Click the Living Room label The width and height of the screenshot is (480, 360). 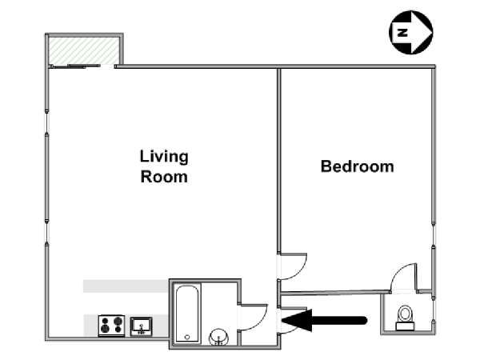(x=164, y=166)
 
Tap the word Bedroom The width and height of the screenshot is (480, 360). (x=358, y=166)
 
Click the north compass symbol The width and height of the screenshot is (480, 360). (x=411, y=32)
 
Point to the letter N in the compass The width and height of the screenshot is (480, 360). (x=402, y=32)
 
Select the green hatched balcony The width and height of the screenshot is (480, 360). (x=84, y=51)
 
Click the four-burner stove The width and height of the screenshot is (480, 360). (x=111, y=326)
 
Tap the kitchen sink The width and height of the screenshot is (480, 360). (x=141, y=326)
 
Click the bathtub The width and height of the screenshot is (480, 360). (x=187, y=314)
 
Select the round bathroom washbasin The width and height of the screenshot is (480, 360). (x=218, y=337)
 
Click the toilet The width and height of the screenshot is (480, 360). (x=405, y=318)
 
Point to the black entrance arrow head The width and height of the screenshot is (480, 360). (x=297, y=320)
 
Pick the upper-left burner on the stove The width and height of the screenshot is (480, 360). (x=105, y=321)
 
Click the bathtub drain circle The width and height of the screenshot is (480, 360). (x=187, y=337)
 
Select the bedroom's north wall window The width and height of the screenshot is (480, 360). (x=433, y=235)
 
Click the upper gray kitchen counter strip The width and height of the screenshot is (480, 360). (x=126, y=286)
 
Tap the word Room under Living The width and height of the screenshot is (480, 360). (x=164, y=177)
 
